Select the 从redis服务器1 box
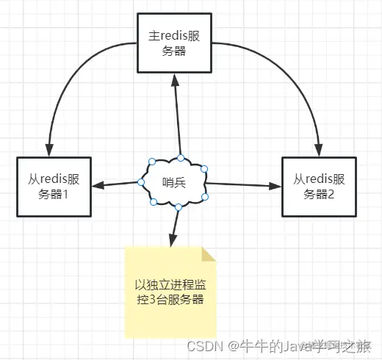(52, 186)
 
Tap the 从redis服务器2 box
(319, 186)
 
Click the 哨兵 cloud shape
(175, 182)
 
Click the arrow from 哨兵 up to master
(176, 118)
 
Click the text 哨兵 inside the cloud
(174, 182)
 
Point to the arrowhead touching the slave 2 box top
(319, 150)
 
